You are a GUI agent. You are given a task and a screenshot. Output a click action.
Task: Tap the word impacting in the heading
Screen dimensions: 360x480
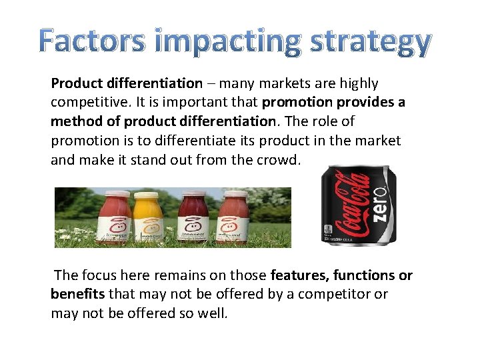[x=217, y=43]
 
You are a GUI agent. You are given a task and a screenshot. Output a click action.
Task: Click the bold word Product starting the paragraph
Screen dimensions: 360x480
[x=75, y=84]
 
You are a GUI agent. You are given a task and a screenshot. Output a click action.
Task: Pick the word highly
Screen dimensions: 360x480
[x=359, y=84]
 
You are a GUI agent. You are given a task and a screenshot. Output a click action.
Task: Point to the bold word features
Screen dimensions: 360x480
[x=301, y=275]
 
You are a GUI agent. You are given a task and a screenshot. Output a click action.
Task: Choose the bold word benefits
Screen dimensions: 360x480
[x=77, y=295]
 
